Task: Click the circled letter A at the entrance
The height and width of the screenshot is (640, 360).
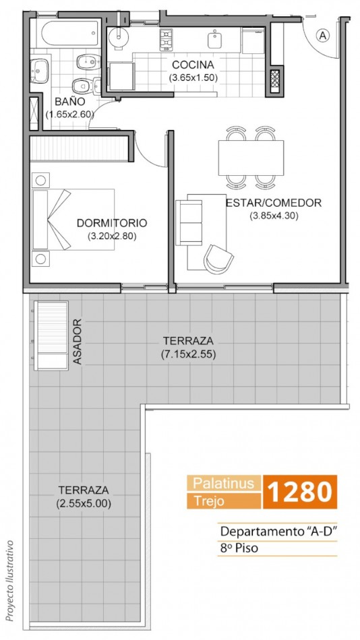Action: [323, 36]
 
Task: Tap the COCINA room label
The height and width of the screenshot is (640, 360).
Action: [193, 65]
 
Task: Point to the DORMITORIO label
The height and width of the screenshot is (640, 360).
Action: [111, 223]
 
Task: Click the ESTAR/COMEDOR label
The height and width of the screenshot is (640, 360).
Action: [274, 203]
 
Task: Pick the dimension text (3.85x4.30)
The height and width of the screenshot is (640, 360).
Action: [274, 216]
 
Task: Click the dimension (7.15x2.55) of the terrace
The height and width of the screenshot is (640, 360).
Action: [188, 354]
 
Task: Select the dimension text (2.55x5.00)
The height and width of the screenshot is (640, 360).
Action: [84, 503]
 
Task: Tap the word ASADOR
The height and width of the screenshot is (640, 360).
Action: [78, 342]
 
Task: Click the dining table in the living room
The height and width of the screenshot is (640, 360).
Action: [251, 158]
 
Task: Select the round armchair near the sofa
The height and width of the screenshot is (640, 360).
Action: [218, 259]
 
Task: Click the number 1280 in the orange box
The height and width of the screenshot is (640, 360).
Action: [299, 491]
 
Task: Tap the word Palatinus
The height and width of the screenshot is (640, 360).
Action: [224, 483]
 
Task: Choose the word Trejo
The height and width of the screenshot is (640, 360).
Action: [209, 501]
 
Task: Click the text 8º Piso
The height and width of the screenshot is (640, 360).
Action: [239, 548]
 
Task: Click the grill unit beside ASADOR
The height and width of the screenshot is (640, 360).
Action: [51, 335]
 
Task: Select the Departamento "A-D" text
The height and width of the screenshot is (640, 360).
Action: [278, 532]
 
